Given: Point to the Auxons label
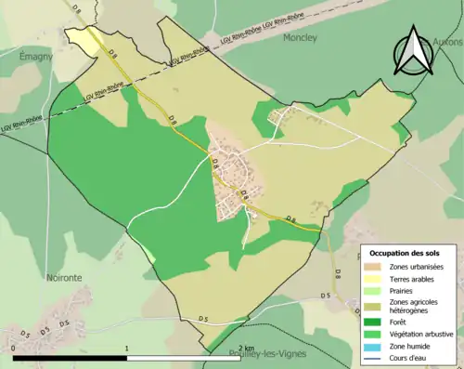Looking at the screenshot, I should pyautogui.click(x=447, y=42).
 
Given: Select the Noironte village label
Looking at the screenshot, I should pyautogui.click(x=62, y=276).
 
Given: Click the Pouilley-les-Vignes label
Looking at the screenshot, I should pyautogui.click(x=269, y=354).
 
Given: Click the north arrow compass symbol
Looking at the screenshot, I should pyautogui.click(x=414, y=51).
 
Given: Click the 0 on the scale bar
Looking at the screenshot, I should pyautogui.click(x=15, y=349).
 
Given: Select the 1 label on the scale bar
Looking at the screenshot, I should pyautogui.click(x=126, y=349).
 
